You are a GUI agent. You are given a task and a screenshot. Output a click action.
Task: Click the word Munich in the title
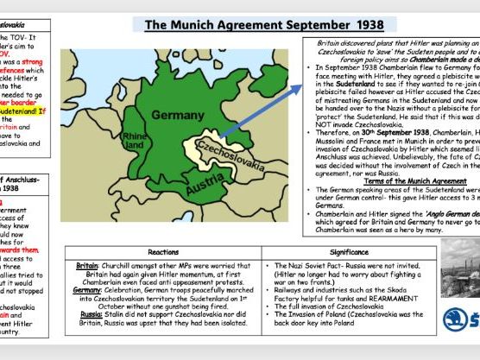(x=199, y=24)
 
